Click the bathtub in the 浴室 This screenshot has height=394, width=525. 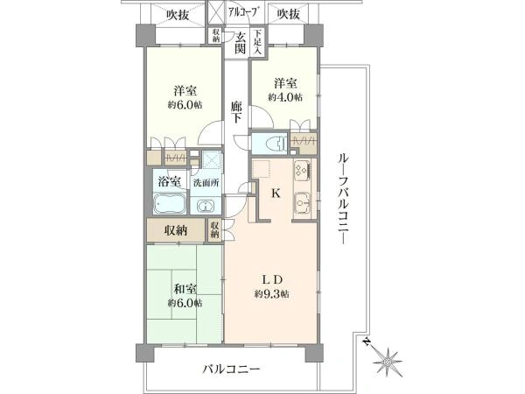(170, 203)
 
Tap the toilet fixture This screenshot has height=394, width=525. (276, 144)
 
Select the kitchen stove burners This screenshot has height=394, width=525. (302, 170)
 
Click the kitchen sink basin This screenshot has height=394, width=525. (303, 202)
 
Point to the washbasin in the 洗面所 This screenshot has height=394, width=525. (205, 206)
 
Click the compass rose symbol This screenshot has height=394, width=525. (387, 362)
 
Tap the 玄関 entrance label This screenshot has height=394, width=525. (240, 43)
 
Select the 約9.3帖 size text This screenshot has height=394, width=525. (271, 294)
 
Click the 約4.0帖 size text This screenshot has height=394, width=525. (285, 97)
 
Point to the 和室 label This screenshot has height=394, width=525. (185, 289)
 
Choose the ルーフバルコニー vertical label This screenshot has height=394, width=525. (342, 199)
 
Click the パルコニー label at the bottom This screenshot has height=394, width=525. (231, 369)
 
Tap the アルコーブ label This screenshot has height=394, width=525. (244, 12)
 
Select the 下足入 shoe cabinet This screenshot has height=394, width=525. (257, 42)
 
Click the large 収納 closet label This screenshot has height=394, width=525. (176, 230)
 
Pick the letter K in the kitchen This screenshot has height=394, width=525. (276, 193)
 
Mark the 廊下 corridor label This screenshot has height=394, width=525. (237, 112)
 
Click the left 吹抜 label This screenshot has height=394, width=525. (178, 15)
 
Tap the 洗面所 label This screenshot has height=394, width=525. (206, 183)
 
